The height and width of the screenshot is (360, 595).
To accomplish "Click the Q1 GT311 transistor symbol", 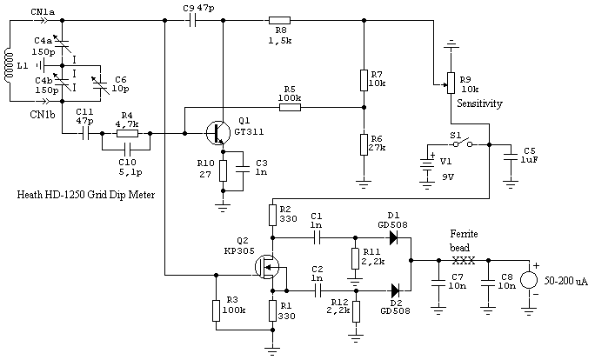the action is coord(218,133).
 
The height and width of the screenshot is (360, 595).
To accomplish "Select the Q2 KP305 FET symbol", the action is coord(267,267).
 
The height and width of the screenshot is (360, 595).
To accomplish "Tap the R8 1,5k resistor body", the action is coord(279,21).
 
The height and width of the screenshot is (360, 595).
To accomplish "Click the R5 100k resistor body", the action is coord(290,107).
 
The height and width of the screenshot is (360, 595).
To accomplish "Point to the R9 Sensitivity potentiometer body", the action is coord(451,83).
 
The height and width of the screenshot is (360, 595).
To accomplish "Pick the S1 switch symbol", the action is coord(462,143).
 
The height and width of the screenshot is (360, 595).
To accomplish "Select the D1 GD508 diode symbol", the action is coord(394,238).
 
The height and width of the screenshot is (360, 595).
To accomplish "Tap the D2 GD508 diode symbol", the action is coord(395,291).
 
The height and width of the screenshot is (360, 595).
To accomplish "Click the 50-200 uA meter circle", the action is coord(529,280).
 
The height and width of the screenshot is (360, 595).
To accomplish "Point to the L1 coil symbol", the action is coord(7,65).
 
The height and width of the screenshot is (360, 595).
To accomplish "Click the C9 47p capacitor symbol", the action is coord(192,21).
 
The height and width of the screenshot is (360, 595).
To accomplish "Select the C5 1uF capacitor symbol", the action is coord(511,157).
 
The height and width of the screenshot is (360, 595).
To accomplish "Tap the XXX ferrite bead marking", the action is coord(464,261).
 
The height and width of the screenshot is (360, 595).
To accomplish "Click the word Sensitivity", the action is coord(479,103).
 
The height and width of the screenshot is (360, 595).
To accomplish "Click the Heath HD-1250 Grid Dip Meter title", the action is coord(86,195).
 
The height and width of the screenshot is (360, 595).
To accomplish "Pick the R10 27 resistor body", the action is coord(223,170).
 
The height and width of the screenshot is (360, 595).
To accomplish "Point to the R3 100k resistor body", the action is coord(216,310).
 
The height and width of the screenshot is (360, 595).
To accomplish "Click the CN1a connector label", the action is coord(43,12).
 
